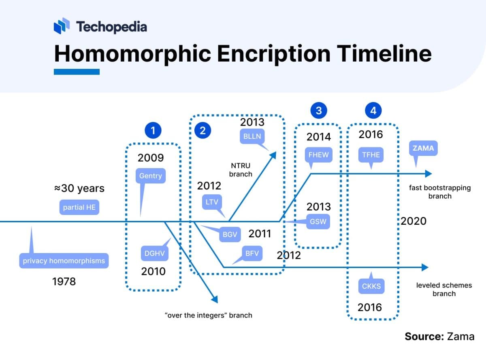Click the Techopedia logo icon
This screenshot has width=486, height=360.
(62, 26)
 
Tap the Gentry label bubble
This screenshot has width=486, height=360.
(151, 176)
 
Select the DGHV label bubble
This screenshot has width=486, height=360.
(154, 253)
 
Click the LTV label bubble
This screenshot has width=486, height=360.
(212, 202)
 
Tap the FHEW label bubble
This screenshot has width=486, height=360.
(318, 154)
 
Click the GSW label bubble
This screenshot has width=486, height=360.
(318, 222)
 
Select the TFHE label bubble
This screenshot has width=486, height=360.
(371, 154)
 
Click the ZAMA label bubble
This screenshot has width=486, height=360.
(423, 148)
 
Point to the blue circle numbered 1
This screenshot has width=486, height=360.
(153, 130)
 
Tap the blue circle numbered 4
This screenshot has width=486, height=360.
(373, 111)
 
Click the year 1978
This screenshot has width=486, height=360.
(64, 281)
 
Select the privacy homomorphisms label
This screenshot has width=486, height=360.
(64, 261)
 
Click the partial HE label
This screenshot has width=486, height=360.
(79, 207)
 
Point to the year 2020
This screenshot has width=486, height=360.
(414, 221)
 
